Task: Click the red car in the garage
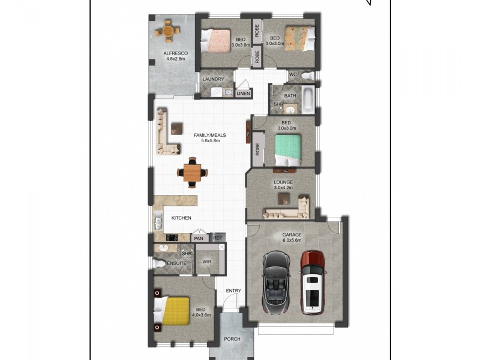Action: click(313, 282)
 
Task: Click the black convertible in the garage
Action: click(277, 281)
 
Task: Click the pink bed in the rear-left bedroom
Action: click(217, 40)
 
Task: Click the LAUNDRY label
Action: click(213, 79)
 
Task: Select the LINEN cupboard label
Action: click(243, 94)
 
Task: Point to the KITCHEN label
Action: click(181, 218)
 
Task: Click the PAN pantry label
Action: click(199, 238)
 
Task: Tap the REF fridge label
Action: click(217, 238)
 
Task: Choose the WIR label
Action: click(207, 262)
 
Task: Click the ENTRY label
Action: click(233, 292)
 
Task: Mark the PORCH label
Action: click(232, 339)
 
